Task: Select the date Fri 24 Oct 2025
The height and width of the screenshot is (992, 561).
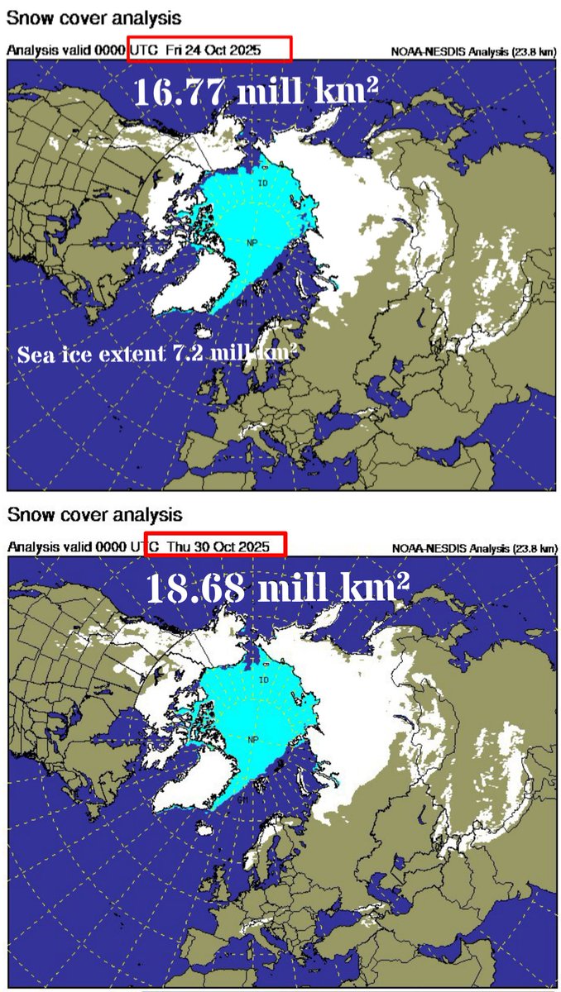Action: [x=213, y=50]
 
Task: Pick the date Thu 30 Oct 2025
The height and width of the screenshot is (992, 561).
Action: [x=218, y=546]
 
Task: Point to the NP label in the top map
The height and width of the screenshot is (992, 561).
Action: [x=252, y=242]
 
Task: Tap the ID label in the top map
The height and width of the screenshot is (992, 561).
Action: [x=263, y=184]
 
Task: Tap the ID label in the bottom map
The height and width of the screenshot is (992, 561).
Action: [x=263, y=680]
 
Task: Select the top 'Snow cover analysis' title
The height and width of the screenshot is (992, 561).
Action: [x=94, y=17]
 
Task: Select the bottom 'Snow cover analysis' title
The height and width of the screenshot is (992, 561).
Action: [x=94, y=514]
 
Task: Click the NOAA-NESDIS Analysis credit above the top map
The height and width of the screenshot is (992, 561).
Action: [x=473, y=51]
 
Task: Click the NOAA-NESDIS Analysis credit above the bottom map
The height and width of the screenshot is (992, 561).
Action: [x=473, y=546]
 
